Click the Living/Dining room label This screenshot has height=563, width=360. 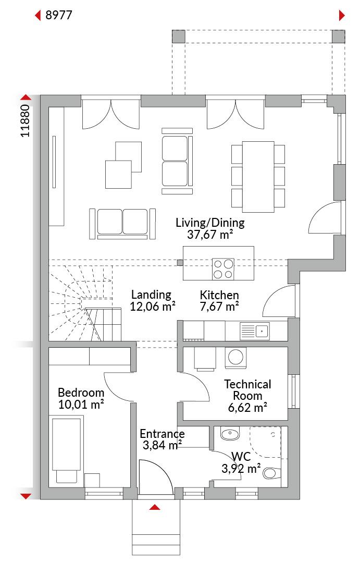point(210,223)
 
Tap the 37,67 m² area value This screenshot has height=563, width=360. point(210,235)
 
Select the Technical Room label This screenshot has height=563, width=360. point(247,390)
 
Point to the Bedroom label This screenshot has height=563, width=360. point(81,393)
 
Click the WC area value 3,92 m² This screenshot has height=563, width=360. point(241,469)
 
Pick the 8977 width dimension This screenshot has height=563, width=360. point(59,15)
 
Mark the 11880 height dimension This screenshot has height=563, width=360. point(25,121)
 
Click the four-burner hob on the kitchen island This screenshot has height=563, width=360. point(223,270)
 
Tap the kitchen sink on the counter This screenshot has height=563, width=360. point(254,331)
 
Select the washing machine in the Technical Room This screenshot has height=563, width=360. point(236,358)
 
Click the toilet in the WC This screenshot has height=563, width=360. point(272,472)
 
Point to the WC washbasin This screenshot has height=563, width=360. point(230,434)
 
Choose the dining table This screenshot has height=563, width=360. point(258,177)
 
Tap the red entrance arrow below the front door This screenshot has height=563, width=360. point(155,507)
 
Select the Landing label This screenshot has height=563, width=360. point(151,295)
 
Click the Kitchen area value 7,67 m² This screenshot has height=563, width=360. point(219,307)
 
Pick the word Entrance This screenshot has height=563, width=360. point(162,434)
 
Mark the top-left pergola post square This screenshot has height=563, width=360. point(179,36)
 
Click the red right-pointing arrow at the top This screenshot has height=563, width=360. point(342,16)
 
